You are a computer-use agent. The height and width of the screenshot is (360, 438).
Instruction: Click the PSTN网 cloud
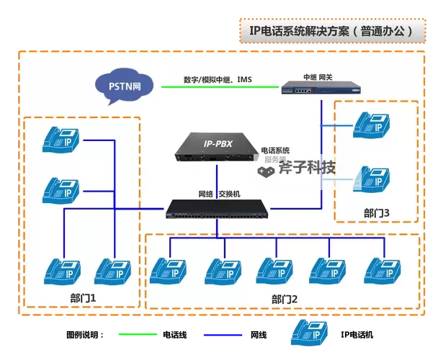point(125,87)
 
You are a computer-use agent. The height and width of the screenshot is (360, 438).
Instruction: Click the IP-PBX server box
point(216,147)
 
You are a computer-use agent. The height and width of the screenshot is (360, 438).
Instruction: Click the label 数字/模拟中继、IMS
point(218,79)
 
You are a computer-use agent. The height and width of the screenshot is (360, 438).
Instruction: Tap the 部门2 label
point(285,299)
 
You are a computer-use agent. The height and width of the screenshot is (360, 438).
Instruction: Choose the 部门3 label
point(376,213)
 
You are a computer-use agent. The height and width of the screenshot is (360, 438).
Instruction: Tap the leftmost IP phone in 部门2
point(168,269)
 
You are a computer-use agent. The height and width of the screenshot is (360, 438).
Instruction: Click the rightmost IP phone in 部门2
point(383,269)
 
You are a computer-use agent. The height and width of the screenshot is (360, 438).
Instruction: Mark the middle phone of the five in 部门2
point(274,269)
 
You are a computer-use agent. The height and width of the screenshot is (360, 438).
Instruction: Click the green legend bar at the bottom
point(138,334)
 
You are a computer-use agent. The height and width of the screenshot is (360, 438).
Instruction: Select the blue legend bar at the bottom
point(223,334)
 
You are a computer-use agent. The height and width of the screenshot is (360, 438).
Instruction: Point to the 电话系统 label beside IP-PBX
point(274,150)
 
